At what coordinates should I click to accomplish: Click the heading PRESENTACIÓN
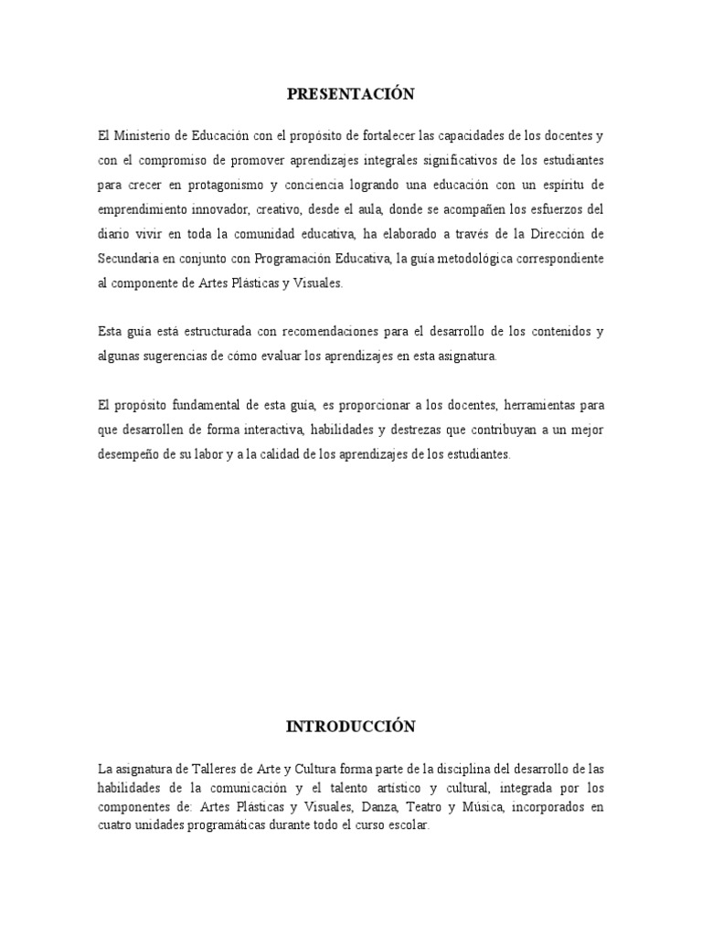click(351, 94)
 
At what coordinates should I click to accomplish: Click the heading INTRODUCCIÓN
click(351, 727)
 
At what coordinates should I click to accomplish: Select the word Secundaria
click(129, 259)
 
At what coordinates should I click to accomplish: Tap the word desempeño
click(128, 453)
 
